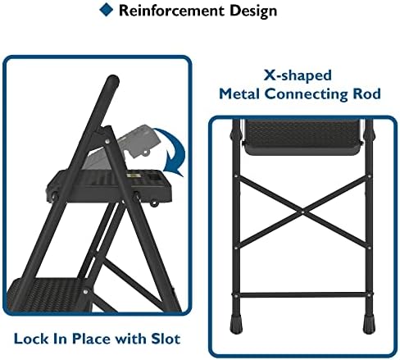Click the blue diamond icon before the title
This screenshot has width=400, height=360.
pos(105,10)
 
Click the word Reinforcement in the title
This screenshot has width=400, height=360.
pos(168,11)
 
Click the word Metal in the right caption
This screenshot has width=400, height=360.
pos(243,93)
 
